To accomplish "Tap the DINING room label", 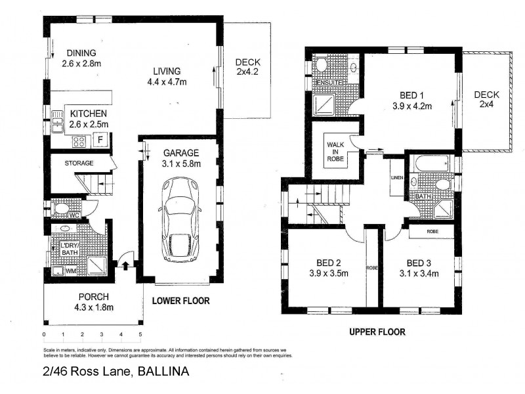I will (x=81, y=53).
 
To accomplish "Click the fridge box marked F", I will (x=100, y=139).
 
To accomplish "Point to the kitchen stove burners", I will (x=79, y=140).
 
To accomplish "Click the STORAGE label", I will (x=79, y=163).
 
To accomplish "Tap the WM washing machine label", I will (x=70, y=271).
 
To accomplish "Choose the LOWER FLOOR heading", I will (x=180, y=301).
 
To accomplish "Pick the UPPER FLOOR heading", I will (x=377, y=332).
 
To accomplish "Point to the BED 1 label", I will (x=408, y=94).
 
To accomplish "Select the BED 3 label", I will (x=418, y=268).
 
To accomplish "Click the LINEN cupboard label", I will (x=396, y=177).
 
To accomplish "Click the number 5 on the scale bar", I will (x=140, y=335).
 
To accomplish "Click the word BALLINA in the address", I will (x=163, y=372).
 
